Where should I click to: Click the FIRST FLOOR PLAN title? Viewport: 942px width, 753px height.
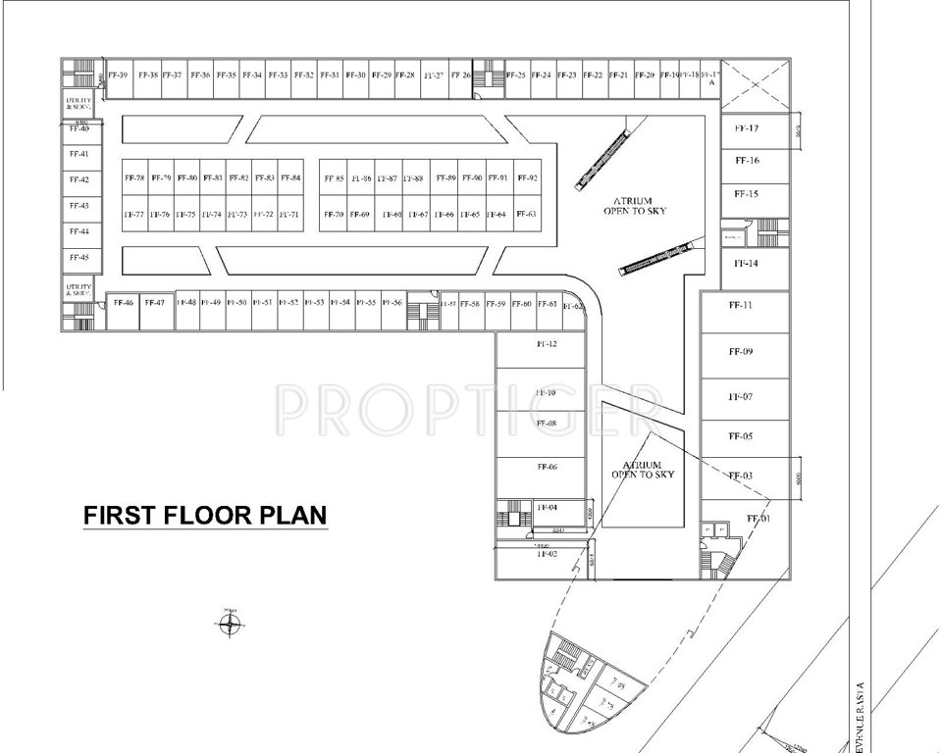[204, 515]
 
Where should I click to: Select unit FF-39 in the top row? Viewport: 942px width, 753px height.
[118, 75]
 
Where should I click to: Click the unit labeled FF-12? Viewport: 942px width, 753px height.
[547, 345]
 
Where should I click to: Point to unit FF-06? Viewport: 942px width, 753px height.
[547, 468]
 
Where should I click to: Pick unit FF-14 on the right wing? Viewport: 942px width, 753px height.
[747, 264]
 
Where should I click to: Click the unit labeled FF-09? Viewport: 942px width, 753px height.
[741, 351]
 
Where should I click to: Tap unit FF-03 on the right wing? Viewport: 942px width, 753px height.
[741, 476]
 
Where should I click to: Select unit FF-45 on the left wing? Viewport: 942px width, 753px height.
[78, 257]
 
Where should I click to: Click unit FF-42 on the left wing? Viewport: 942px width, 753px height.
[78, 179]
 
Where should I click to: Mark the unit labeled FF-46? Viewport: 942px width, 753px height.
[123, 303]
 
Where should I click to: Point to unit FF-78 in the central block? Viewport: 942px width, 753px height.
[134, 178]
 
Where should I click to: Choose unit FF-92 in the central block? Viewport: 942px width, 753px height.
[527, 178]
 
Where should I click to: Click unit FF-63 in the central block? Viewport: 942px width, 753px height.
[526, 214]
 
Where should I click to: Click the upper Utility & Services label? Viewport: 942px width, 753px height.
[78, 103]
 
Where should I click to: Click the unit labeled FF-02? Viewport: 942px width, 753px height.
[547, 554]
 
